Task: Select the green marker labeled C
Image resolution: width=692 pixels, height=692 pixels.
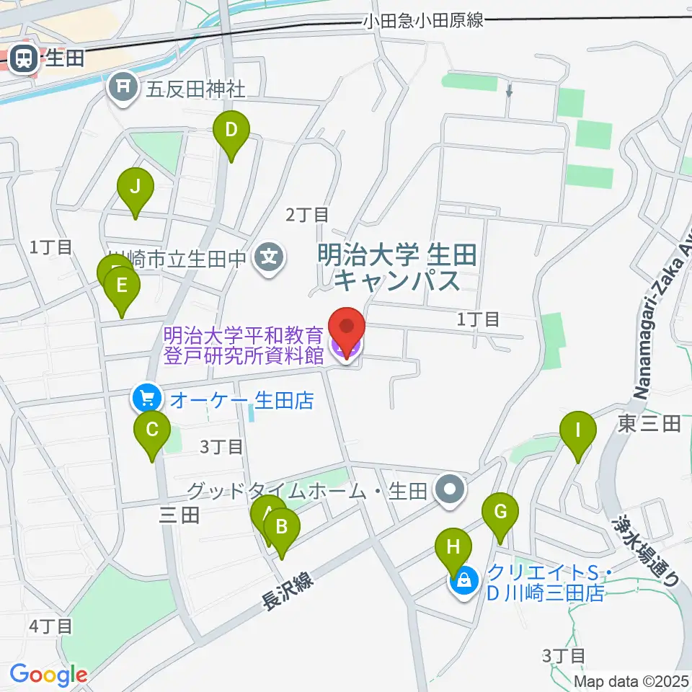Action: click(x=152, y=432)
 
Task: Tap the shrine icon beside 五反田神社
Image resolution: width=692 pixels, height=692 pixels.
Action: click(x=123, y=88)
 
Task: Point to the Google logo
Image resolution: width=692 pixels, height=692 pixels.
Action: click(x=48, y=675)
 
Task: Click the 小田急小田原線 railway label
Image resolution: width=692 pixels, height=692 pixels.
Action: click(x=422, y=21)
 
